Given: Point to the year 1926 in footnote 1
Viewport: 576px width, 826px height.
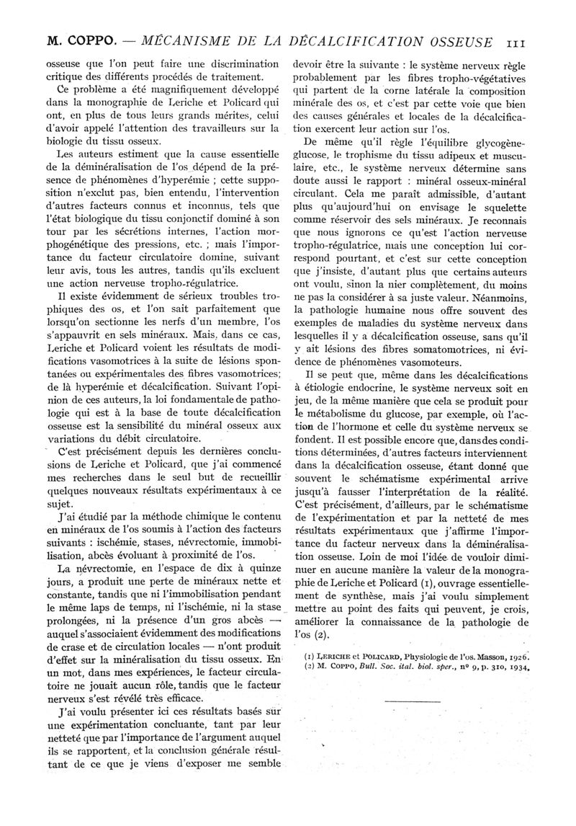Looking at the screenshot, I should point(517,654).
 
